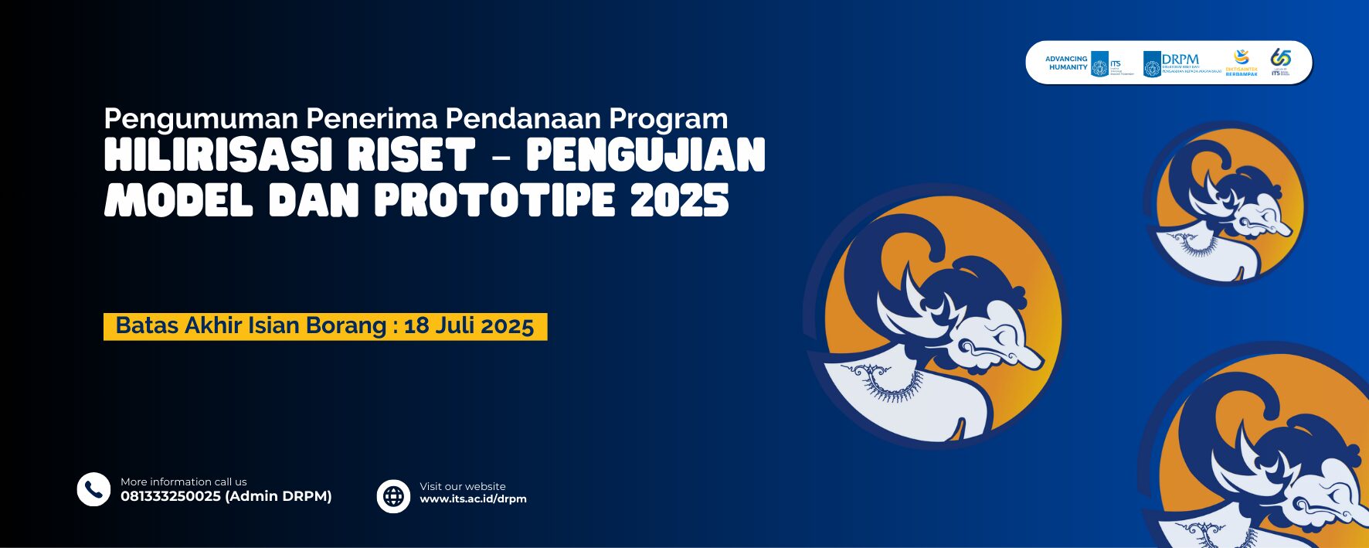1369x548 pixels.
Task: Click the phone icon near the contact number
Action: point(93,489)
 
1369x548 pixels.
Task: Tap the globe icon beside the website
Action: point(393,495)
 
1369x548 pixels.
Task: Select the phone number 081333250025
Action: point(171,496)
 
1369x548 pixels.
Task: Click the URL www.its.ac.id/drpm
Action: point(473,499)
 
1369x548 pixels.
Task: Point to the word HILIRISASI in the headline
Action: point(212,155)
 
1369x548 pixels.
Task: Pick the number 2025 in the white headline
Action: point(679,200)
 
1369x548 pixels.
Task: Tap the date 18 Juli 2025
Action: point(469,326)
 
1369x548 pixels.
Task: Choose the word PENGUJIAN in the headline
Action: point(646,155)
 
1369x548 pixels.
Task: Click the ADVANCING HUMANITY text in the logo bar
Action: point(1067,63)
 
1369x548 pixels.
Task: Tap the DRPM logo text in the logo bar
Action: point(1180,59)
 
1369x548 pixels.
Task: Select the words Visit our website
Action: point(463,486)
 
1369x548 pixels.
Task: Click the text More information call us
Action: point(184,482)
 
